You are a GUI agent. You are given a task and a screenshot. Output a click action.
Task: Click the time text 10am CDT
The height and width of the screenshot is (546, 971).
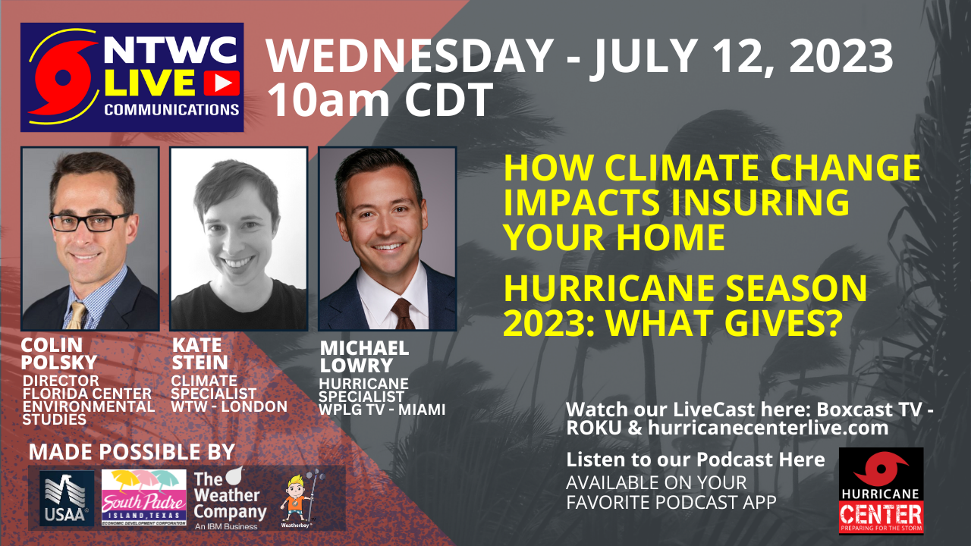click(380, 100)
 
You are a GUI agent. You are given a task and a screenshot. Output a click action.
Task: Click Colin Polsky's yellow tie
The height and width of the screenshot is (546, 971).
click(77, 313)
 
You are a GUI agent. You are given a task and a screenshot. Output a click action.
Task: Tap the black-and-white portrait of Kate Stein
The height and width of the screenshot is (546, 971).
click(238, 238)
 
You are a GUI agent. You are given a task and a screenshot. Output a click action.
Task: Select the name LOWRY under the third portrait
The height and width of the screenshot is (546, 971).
click(357, 366)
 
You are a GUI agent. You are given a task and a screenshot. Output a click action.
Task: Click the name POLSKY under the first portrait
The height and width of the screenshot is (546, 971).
click(59, 362)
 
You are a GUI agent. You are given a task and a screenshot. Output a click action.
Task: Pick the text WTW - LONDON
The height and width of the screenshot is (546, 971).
click(229, 406)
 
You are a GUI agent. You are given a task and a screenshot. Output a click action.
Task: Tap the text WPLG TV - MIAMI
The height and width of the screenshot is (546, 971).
click(382, 410)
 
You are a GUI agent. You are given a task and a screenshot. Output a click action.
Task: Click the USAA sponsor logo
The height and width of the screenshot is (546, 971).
click(67, 498)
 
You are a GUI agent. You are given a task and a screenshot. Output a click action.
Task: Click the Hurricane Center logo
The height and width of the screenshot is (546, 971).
click(881, 490)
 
